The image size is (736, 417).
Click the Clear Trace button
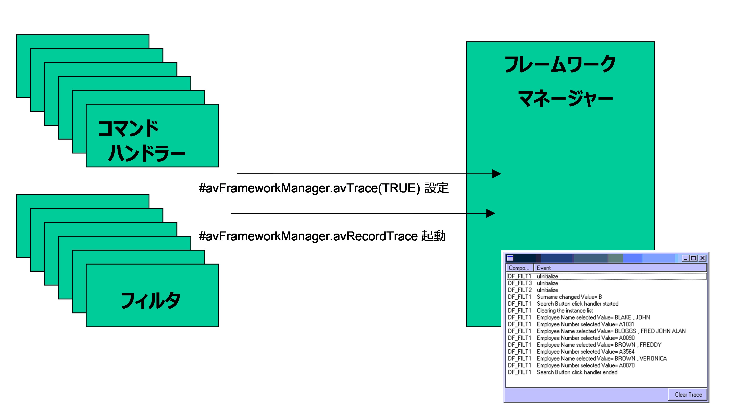(688, 394)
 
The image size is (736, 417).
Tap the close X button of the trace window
(702, 258)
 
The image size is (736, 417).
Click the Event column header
(544, 268)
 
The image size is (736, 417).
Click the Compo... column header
(519, 268)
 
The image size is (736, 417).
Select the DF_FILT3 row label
(520, 283)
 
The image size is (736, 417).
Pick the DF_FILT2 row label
(520, 290)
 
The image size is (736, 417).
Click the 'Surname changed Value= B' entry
(569, 297)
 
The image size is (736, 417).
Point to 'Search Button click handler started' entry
(577, 304)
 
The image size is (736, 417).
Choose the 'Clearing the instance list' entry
(564, 311)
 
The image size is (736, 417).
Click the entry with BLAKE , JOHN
(593, 317)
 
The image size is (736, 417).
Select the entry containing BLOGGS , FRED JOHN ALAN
(611, 331)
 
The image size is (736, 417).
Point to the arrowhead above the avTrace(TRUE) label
(496, 174)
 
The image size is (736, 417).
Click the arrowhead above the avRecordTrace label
(491, 213)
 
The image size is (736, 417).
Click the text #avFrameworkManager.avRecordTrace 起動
(322, 236)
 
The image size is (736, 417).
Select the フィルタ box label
(151, 301)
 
